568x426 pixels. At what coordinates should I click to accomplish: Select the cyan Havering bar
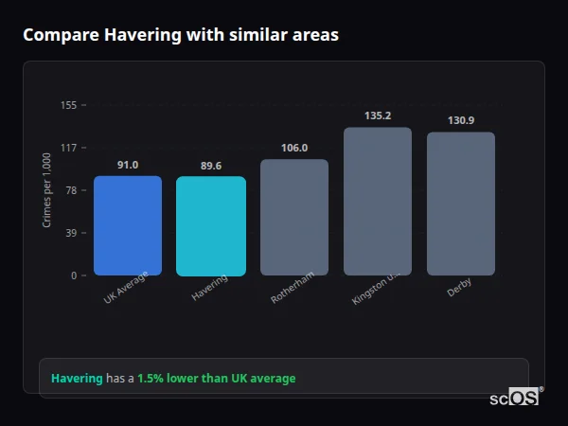pyautogui.click(x=211, y=226)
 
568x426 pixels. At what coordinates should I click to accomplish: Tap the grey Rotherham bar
pyautogui.click(x=294, y=217)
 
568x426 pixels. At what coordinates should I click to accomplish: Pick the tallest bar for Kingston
pyautogui.click(x=378, y=201)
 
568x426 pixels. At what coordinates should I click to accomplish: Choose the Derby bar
pyautogui.click(x=461, y=204)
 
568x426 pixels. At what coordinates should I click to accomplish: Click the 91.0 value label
pyautogui.click(x=128, y=165)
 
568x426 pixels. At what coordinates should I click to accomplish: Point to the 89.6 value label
pyautogui.click(x=211, y=166)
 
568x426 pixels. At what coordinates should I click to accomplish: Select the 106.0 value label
pyautogui.click(x=294, y=148)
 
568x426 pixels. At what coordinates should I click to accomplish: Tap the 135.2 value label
pyautogui.click(x=378, y=115)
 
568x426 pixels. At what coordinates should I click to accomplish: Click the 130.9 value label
pyautogui.click(x=461, y=120)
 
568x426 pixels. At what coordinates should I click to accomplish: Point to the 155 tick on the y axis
pyautogui.click(x=68, y=105)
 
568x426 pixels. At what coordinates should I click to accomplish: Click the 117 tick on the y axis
pyautogui.click(x=68, y=148)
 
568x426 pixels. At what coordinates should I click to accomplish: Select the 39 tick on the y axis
pyautogui.click(x=70, y=233)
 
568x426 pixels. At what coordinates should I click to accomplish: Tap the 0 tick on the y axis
pyautogui.click(x=73, y=275)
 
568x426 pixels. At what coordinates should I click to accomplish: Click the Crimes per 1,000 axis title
pyautogui.click(x=47, y=190)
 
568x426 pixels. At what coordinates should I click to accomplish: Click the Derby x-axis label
pyautogui.click(x=460, y=287)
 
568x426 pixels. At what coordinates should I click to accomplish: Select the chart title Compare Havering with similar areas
pyautogui.click(x=180, y=35)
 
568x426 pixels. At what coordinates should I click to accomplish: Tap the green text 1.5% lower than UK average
pyautogui.click(x=216, y=379)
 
